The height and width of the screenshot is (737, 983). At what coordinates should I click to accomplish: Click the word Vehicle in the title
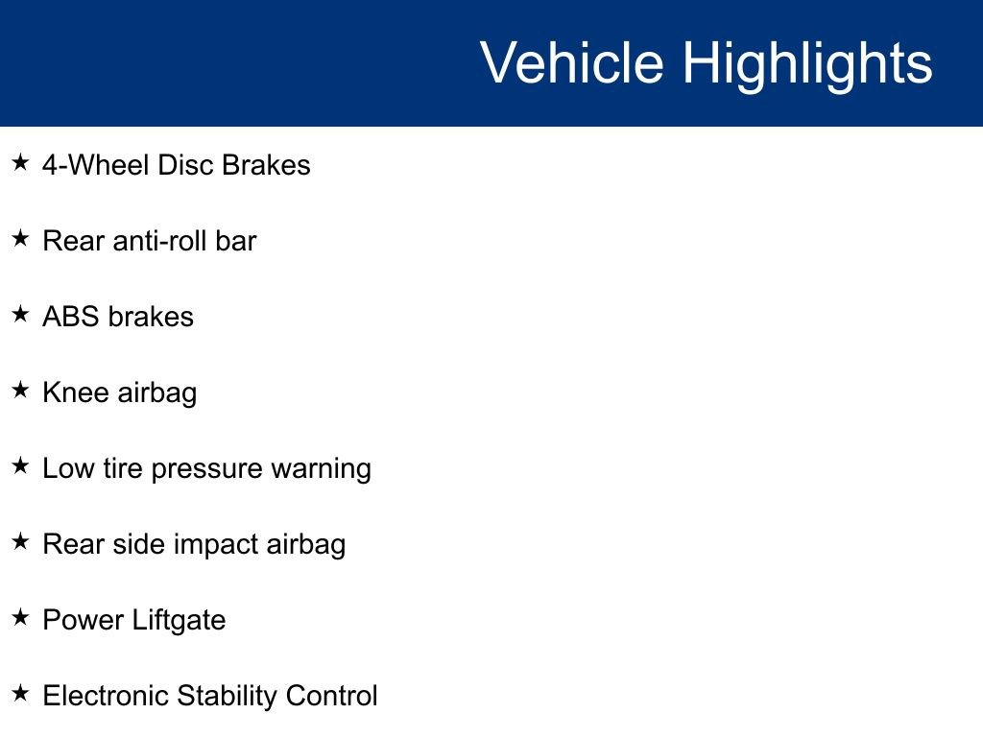click(x=571, y=63)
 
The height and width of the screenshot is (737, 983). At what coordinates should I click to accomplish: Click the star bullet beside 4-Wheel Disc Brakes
click(x=20, y=162)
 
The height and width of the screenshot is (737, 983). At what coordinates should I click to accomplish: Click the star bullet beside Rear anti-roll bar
click(x=20, y=238)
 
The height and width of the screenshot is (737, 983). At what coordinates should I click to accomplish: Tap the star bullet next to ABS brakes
click(x=20, y=314)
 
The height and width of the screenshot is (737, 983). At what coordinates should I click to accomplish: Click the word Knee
click(x=75, y=392)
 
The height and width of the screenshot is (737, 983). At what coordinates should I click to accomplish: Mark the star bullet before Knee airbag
click(x=20, y=390)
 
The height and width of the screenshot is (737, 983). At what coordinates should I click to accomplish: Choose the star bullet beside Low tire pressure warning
click(x=20, y=465)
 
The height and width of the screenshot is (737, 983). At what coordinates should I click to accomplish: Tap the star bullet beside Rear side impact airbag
click(x=20, y=541)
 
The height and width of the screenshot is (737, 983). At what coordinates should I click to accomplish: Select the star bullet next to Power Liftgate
click(x=20, y=617)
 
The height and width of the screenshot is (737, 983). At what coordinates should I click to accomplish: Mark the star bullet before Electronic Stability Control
click(x=20, y=693)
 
